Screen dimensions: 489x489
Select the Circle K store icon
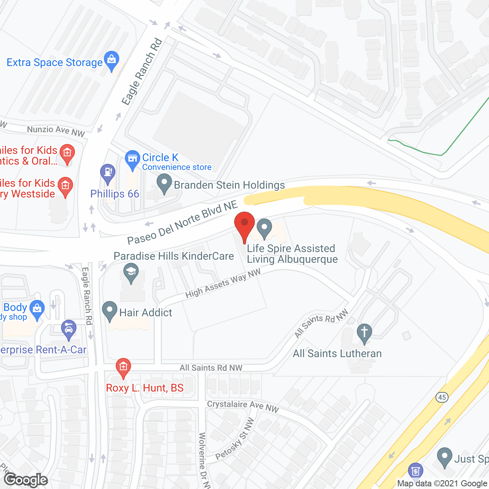pyautogui.click(x=133, y=159)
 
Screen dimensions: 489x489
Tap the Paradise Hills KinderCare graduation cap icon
pyautogui.click(x=131, y=272)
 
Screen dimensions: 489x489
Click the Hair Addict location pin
pyautogui.click(x=110, y=311)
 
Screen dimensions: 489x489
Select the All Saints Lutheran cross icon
pyautogui.click(x=364, y=333)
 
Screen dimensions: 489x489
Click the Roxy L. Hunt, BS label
pyautogui.click(x=145, y=388)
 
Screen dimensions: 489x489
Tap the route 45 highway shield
pyautogui.click(x=442, y=397)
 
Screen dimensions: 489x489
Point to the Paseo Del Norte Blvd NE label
pyautogui.click(x=183, y=223)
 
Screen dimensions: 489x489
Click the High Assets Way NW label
pyautogui.click(x=223, y=283)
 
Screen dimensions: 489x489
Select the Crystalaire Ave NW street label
pyautogui.click(x=243, y=406)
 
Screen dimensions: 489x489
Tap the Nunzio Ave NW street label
pyautogui.click(x=56, y=131)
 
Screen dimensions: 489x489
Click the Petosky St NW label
pyautogui.click(x=235, y=439)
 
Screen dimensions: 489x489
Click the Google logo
pyautogui.click(x=26, y=480)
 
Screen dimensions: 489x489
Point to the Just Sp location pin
pyautogui.click(x=444, y=457)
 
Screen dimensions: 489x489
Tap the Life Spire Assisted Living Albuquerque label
pyautogui.click(x=292, y=254)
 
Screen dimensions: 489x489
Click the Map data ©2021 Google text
pyautogui.click(x=442, y=484)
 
